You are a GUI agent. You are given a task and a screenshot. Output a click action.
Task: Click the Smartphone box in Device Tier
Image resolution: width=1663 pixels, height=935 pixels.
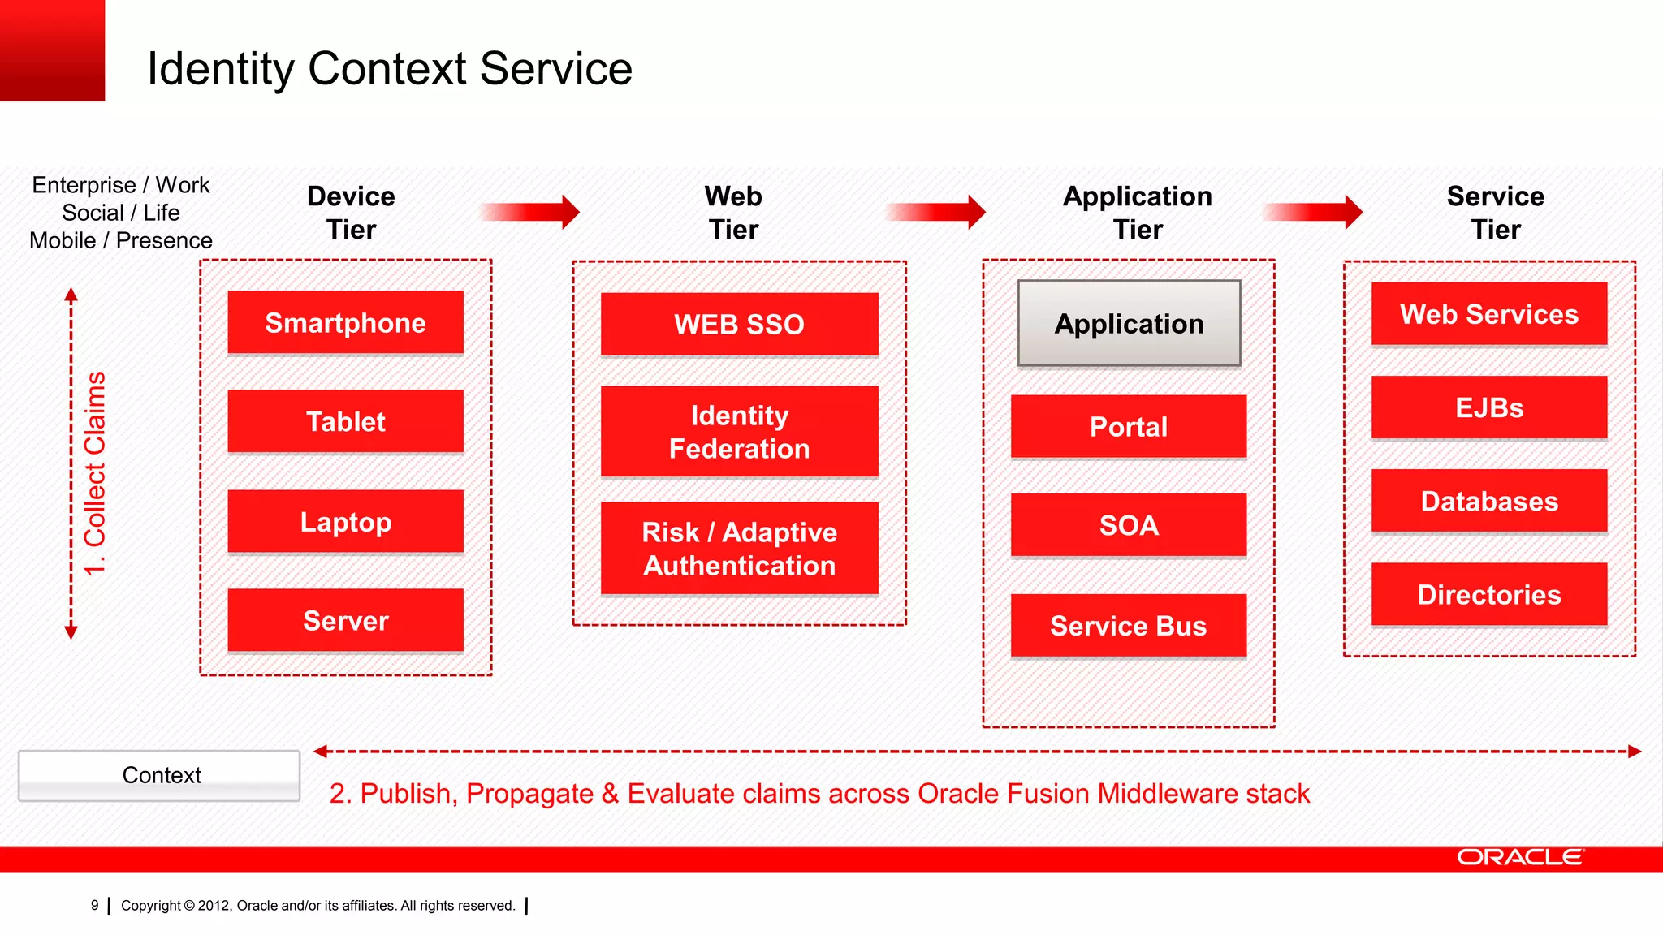pyautogui.click(x=345, y=322)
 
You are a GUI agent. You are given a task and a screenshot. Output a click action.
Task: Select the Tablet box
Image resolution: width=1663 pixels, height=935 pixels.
pyautogui.click(x=345, y=421)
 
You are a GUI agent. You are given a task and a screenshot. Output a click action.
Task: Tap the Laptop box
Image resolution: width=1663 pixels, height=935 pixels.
pyautogui.click(x=345, y=521)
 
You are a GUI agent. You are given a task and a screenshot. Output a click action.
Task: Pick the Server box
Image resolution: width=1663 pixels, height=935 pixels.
pyautogui.click(x=345, y=620)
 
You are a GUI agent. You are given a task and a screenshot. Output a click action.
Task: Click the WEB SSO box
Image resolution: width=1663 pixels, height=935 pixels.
pyautogui.click(x=739, y=324)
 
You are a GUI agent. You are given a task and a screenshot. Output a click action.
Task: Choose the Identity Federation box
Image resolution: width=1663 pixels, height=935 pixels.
pyautogui.click(x=739, y=431)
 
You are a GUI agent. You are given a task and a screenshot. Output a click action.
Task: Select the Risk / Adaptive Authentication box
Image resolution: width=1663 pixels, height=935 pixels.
pyautogui.click(x=739, y=548)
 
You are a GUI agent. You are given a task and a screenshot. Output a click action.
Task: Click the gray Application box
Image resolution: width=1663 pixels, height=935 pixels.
pyautogui.click(x=1129, y=323)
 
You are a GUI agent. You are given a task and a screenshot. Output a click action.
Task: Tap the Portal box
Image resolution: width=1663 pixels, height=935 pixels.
pyautogui.click(x=1129, y=426)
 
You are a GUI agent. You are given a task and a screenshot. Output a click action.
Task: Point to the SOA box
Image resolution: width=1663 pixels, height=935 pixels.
pyautogui.click(x=1129, y=525)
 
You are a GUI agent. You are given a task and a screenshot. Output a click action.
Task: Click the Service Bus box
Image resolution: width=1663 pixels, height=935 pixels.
pyautogui.click(x=1129, y=625)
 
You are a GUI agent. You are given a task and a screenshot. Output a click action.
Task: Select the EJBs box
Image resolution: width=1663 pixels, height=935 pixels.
pyautogui.click(x=1489, y=407)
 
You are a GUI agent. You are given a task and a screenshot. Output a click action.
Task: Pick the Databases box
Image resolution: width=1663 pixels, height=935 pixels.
pyautogui.click(x=1489, y=501)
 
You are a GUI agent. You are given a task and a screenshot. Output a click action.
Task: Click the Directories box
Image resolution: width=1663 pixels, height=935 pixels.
pyautogui.click(x=1489, y=594)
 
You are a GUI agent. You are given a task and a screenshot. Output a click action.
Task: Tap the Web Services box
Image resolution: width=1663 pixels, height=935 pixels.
pyautogui.click(x=1489, y=314)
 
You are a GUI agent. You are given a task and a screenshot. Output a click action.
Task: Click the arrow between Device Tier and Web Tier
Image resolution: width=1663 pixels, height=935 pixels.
pyautogui.click(x=532, y=212)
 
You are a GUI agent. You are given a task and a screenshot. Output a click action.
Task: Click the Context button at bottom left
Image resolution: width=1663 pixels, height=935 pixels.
pyautogui.click(x=159, y=775)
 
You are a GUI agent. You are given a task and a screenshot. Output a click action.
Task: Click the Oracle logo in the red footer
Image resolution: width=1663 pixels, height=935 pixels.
pyautogui.click(x=1519, y=857)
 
